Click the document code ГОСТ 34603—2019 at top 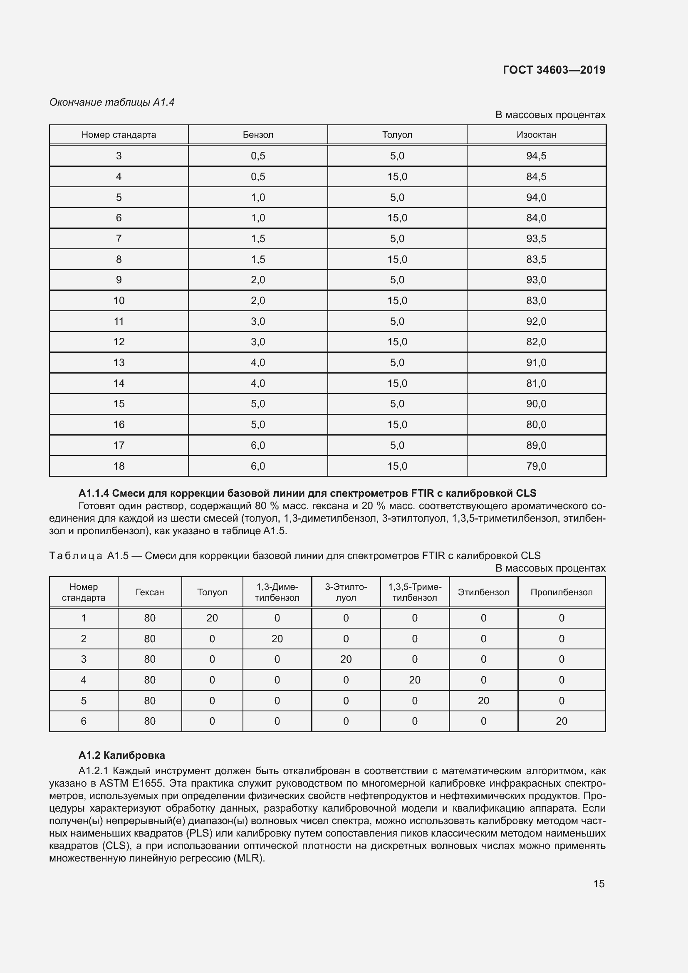tap(554, 70)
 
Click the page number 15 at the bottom tap(599, 884)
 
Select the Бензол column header tap(257, 135)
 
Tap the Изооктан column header tap(536, 135)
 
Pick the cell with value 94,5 tap(536, 156)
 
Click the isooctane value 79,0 tap(536, 466)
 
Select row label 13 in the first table tap(119, 363)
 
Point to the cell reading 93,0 tap(536, 280)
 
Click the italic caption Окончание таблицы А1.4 tap(112, 102)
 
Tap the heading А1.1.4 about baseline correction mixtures tap(307, 493)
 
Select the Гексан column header tap(150, 592)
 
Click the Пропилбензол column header tap(561, 592)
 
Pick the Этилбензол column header tap(483, 592)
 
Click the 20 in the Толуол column tap(212, 618)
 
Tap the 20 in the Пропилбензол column tap(561, 721)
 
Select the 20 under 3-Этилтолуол tap(346, 659)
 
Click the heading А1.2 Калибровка tap(121, 755)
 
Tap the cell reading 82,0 tap(536, 342)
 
